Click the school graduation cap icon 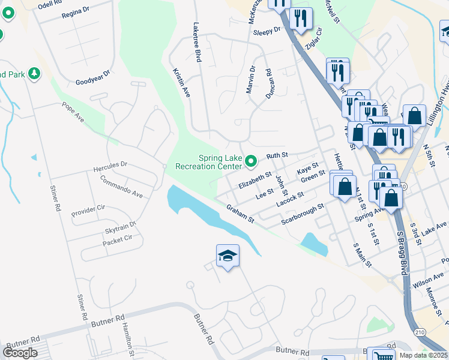click(228, 256)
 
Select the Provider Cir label click(88, 212)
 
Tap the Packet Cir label click(117, 238)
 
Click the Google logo click(20, 353)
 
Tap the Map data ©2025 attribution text click(423, 355)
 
